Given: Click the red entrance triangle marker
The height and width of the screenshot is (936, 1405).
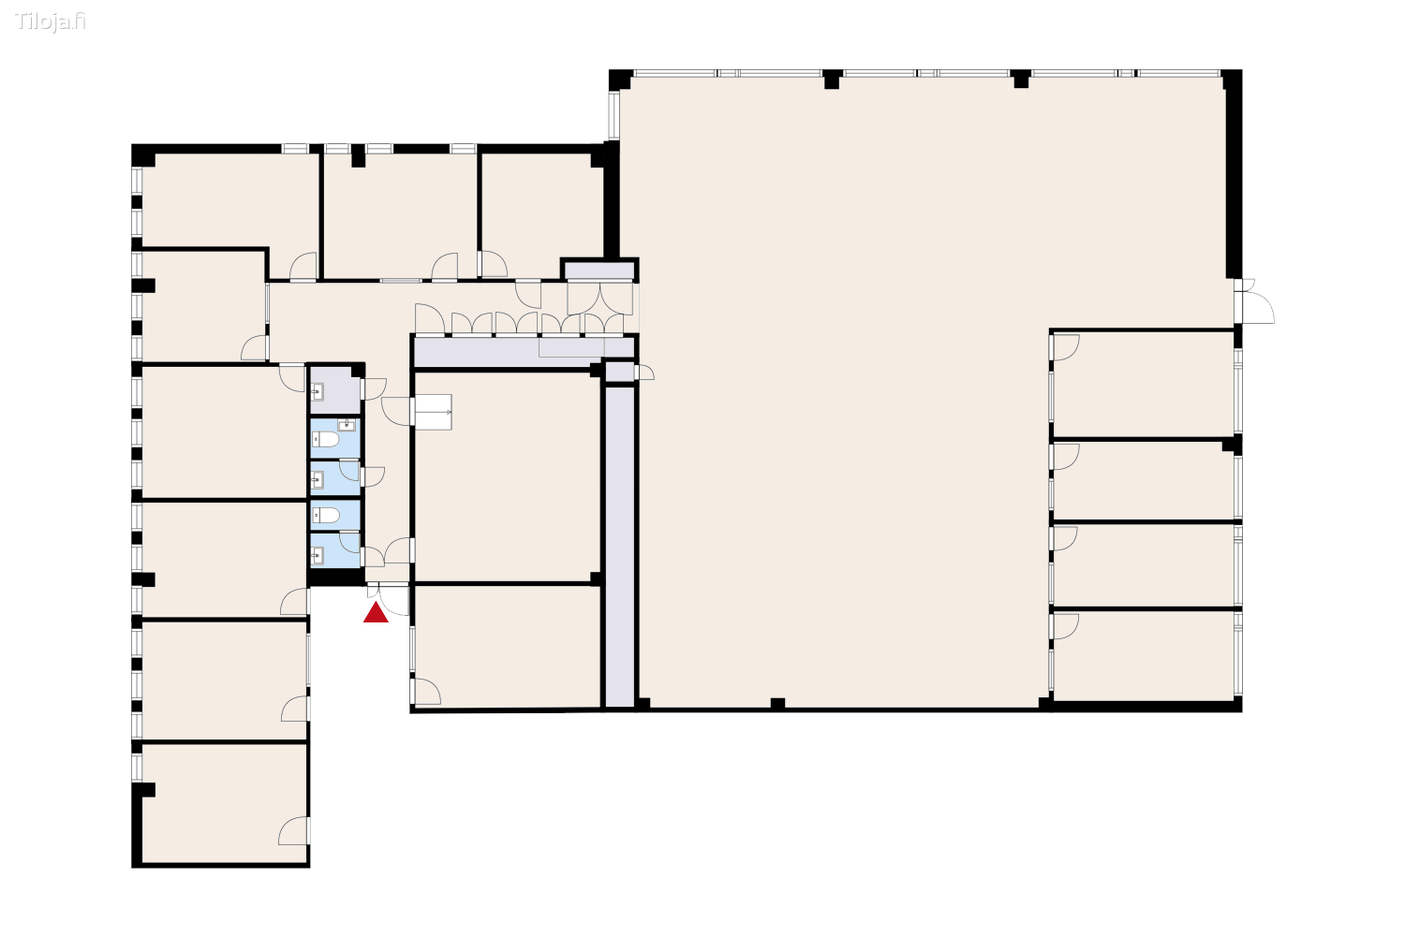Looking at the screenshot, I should pyautogui.click(x=376, y=613).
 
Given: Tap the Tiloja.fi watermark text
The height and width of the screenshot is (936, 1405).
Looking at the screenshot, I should pyautogui.click(x=51, y=22).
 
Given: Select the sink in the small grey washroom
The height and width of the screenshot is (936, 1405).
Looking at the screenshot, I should pyautogui.click(x=318, y=392).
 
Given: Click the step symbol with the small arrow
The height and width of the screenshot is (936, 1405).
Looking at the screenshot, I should pyautogui.click(x=433, y=412).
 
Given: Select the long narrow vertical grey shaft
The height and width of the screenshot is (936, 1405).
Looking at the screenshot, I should pyautogui.click(x=619, y=548).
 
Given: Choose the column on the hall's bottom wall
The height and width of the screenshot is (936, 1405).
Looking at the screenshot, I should pyautogui.click(x=777, y=704).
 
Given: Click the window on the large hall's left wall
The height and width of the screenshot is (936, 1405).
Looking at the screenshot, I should pyautogui.click(x=614, y=114).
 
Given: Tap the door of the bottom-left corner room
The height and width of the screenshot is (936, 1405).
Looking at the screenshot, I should pyautogui.click(x=294, y=830).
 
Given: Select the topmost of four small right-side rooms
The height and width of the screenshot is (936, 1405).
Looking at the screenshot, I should pyautogui.click(x=1143, y=384).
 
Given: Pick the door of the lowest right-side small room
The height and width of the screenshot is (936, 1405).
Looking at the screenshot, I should pyautogui.click(x=1064, y=625).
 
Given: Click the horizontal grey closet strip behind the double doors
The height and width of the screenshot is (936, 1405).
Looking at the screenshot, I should pyautogui.click(x=506, y=352).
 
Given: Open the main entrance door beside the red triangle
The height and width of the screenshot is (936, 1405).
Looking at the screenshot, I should pyautogui.click(x=394, y=599).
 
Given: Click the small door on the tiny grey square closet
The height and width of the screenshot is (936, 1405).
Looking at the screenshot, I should pyautogui.click(x=644, y=373).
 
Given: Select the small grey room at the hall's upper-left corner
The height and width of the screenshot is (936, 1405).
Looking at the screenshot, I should pyautogui.click(x=599, y=271).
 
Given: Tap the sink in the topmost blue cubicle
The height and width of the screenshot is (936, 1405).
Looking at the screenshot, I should pyautogui.click(x=347, y=425).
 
